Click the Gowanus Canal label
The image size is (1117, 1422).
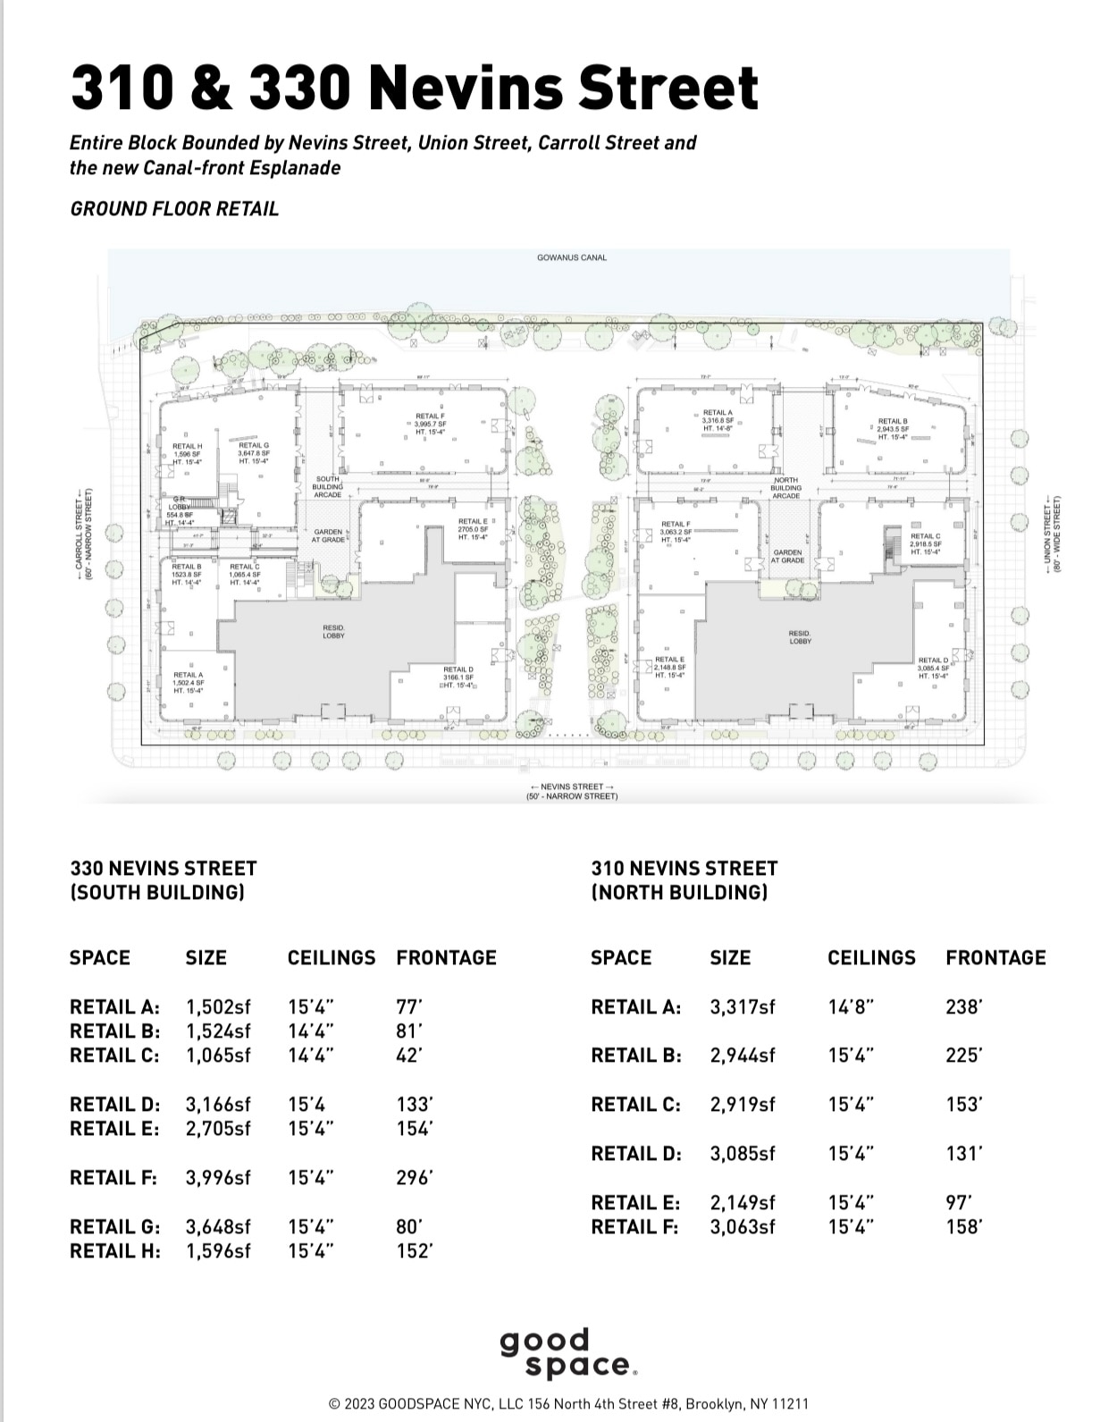571,257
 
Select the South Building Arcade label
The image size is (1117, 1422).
327,487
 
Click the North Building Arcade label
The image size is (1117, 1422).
785,488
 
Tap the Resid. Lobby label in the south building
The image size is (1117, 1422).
333,632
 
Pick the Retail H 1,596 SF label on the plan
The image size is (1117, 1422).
187,454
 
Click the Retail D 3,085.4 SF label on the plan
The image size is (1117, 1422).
933,668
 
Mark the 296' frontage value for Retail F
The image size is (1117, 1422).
415,1178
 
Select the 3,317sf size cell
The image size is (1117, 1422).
743,1007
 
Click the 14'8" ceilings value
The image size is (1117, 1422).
851,1007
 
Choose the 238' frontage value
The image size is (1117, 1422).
964,1007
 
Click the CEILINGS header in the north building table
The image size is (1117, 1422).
871,958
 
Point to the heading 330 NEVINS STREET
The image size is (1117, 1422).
164,869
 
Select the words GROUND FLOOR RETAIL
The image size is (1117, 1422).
174,209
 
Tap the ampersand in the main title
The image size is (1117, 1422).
214,88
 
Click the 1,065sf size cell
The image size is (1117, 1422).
218,1056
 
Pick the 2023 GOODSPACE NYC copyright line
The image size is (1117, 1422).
568,1404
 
